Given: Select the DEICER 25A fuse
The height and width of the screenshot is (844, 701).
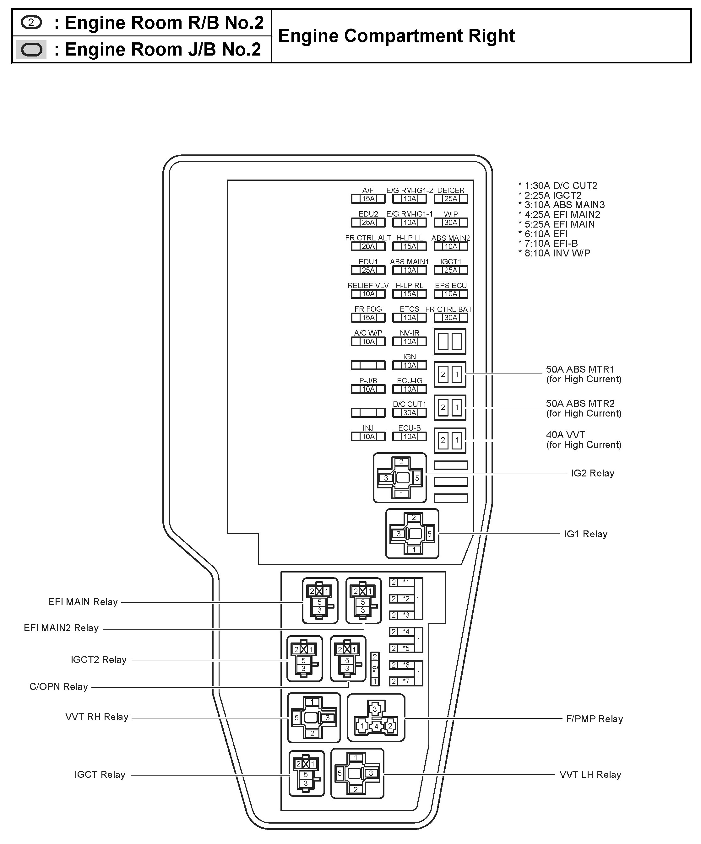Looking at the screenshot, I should [450, 199].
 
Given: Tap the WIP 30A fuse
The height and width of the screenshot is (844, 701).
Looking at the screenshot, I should [450, 222].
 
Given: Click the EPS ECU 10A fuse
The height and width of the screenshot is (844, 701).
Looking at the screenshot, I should [450, 294].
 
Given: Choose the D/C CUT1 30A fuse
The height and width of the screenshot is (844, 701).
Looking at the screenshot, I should [410, 413].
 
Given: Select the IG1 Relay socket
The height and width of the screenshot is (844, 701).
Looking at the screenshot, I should [412, 534].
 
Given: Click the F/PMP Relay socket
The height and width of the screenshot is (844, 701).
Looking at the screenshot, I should [376, 718].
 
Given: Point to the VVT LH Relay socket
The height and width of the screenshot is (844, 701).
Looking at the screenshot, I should [357, 774].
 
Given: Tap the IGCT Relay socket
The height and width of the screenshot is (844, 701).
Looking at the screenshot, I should [307, 774].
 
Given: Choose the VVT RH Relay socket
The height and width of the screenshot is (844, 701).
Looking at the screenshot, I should [314, 718].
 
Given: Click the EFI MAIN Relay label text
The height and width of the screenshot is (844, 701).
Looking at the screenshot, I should [83, 602].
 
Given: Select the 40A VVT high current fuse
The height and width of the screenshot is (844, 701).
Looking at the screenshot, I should [450, 440].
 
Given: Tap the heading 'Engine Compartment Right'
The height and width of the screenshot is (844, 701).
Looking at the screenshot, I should [396, 36].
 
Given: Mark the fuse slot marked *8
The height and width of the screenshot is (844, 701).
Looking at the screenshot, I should [374, 669].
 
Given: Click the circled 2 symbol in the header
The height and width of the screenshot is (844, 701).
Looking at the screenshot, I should [31, 23].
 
